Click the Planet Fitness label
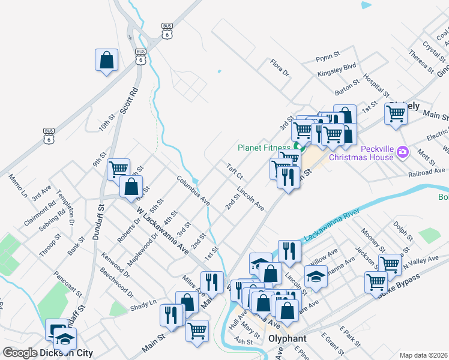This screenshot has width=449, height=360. pyautogui.click(x=264, y=147)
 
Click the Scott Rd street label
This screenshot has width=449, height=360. pyautogui.click(x=128, y=101)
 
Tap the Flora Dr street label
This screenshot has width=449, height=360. pyautogui.click(x=280, y=68)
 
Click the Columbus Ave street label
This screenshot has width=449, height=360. pyautogui.click(x=192, y=190)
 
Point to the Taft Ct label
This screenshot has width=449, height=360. pyautogui.click(x=234, y=171)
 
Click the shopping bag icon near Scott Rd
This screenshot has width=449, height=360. pyautogui.click(x=106, y=60)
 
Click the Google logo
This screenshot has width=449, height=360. pyautogui.click(x=20, y=353)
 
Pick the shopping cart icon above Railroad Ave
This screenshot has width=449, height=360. pyautogui.click(x=396, y=112)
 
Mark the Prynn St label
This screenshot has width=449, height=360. pyautogui.click(x=328, y=59)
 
